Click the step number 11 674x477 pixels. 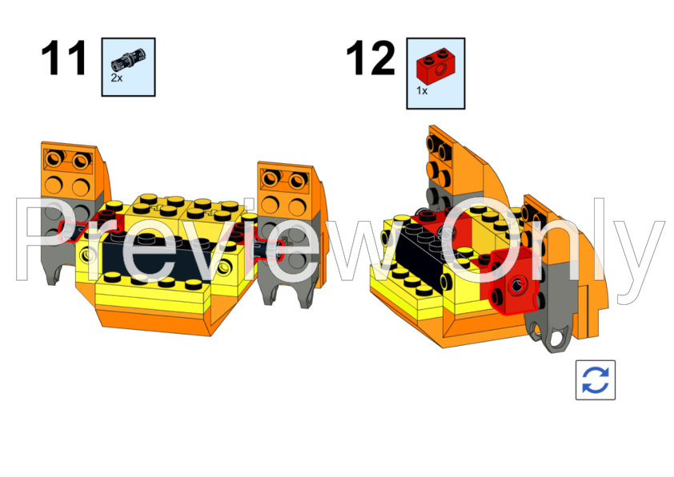click(x=63, y=59)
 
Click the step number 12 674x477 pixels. click(x=370, y=59)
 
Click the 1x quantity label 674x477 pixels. click(x=422, y=91)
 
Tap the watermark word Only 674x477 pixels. click(x=552, y=244)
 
